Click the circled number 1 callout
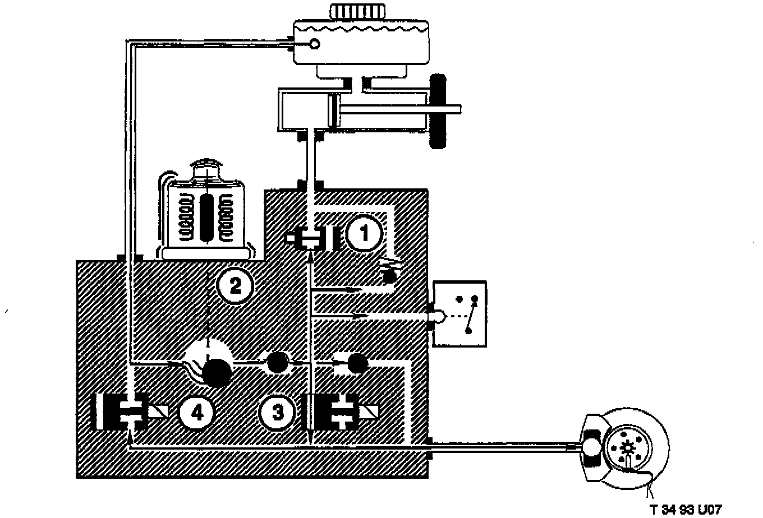[364, 233]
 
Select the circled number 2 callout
[235, 286]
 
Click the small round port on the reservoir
[315, 43]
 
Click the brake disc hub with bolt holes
[628, 447]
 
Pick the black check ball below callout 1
[389, 275]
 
